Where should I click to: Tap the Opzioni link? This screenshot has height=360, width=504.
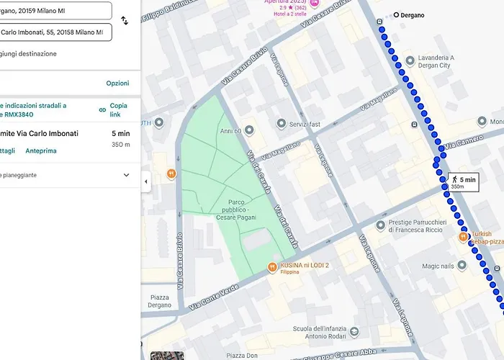(117, 84)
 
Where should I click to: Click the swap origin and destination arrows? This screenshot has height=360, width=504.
(125, 21)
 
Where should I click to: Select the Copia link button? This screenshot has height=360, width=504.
(114, 109)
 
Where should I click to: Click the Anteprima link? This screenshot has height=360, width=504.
(41, 151)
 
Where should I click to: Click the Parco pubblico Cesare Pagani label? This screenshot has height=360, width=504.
(228, 209)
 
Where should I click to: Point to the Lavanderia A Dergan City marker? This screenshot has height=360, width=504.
(410, 60)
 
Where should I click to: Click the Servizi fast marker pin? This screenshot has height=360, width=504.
(282, 125)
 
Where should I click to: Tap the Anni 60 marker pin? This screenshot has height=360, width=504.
(249, 130)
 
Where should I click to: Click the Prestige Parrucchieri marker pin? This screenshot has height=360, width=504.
(380, 226)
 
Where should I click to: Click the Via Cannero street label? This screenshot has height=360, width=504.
(462, 145)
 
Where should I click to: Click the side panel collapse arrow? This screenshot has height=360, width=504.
(146, 181)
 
